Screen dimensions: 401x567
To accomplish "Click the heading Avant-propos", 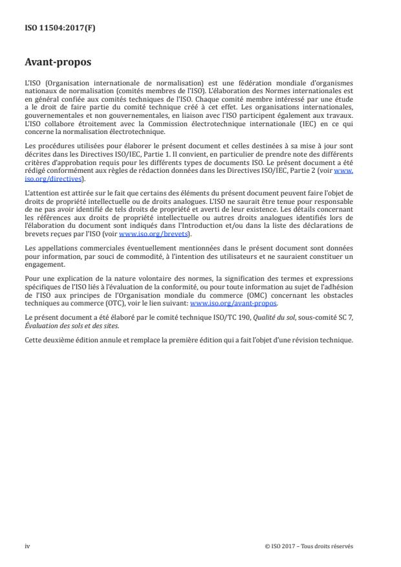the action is tap(56, 63).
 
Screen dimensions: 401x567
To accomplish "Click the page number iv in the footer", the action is tap(27, 546).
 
